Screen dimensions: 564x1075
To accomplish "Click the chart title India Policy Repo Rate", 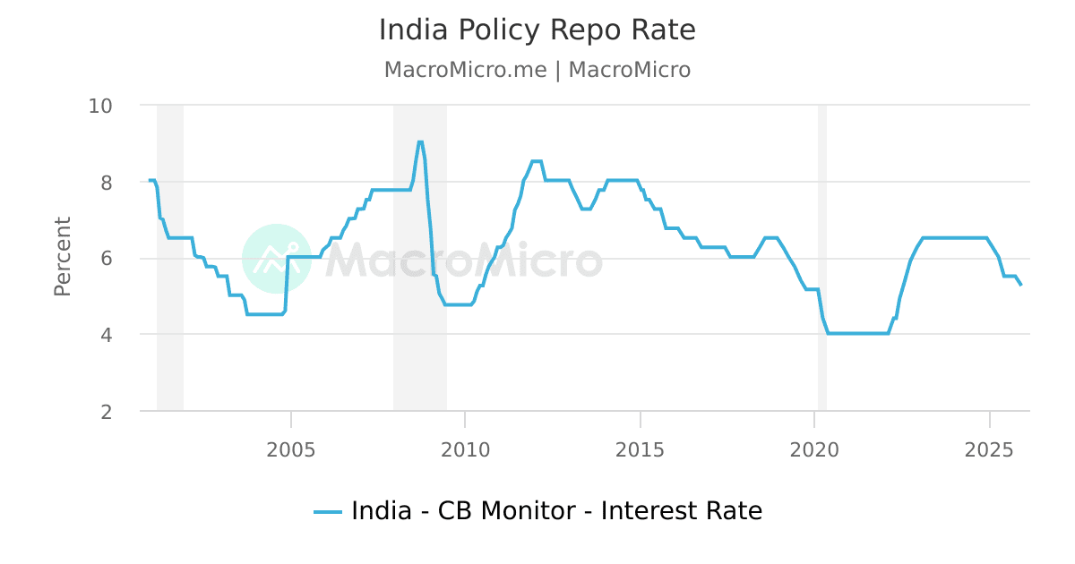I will [537, 30].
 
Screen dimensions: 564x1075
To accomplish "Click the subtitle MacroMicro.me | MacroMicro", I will [537, 70].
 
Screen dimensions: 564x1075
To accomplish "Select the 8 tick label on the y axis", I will [112, 182].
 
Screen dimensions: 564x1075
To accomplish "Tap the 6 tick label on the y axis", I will [112, 259].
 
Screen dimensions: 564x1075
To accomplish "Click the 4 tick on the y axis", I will [112, 335].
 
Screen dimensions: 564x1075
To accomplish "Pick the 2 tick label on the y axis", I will [112, 412].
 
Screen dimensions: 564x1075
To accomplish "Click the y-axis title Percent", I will [63, 256].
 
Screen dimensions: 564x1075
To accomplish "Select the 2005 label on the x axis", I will [291, 449].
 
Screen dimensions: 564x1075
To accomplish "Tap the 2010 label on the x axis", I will [466, 449].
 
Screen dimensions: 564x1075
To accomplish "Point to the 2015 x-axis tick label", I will [641, 449].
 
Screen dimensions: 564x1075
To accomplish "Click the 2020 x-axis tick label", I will [814, 449].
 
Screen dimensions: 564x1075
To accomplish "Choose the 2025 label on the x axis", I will [989, 449].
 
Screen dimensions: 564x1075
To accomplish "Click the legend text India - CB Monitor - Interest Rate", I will [556, 511].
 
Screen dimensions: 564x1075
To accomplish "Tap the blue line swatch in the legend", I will [328, 512].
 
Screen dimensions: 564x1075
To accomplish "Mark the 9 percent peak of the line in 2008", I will [420, 141].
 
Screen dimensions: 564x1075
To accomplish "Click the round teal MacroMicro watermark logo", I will [277, 259].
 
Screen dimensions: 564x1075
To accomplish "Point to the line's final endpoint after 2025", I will [1020, 285].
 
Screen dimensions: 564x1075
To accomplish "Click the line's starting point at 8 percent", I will [150, 181].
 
